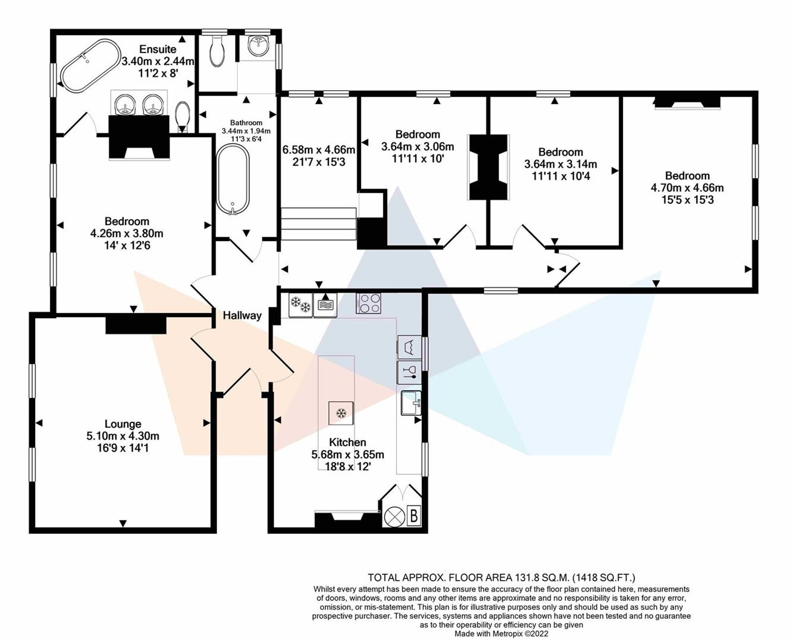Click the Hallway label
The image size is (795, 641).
(x=242, y=316)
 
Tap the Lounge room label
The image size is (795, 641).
(x=123, y=424)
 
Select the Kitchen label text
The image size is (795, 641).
(x=347, y=442)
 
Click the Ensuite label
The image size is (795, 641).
(x=158, y=49)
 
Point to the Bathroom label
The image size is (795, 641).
(x=246, y=123)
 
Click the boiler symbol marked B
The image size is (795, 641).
(x=414, y=516)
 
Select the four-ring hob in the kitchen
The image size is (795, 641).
(x=368, y=304)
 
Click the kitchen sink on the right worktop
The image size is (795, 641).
(x=411, y=403)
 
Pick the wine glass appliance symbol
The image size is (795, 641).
(x=409, y=372)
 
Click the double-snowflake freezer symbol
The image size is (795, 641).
(x=301, y=305)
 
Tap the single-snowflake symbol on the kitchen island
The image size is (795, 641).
(x=341, y=413)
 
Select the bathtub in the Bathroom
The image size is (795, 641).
(x=233, y=180)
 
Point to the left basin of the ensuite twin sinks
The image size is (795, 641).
(x=125, y=104)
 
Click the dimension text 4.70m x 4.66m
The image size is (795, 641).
(x=687, y=188)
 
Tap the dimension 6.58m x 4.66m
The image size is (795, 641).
(x=318, y=150)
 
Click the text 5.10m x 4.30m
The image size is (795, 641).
(x=123, y=436)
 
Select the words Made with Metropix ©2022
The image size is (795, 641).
(x=501, y=634)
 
